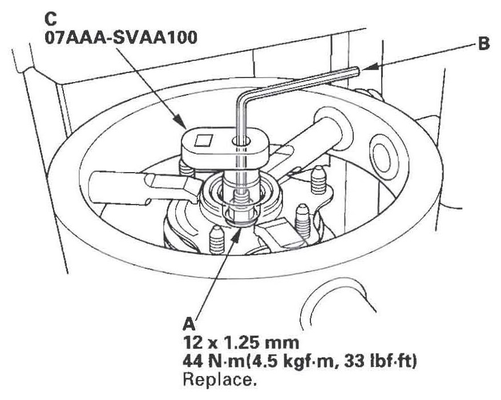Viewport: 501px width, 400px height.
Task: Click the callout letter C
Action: pos(51,19)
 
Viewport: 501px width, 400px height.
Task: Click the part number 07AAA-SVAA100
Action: pos(121,38)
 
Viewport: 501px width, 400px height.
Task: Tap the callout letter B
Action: pos(483,44)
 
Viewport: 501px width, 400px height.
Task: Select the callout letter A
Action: pos(189,325)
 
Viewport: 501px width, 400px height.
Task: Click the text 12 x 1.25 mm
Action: pos(241,343)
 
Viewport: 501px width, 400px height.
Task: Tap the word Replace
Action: pos(220,380)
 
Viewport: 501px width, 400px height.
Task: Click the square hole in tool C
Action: pos(204,140)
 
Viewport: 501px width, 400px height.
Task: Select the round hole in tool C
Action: pos(241,141)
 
